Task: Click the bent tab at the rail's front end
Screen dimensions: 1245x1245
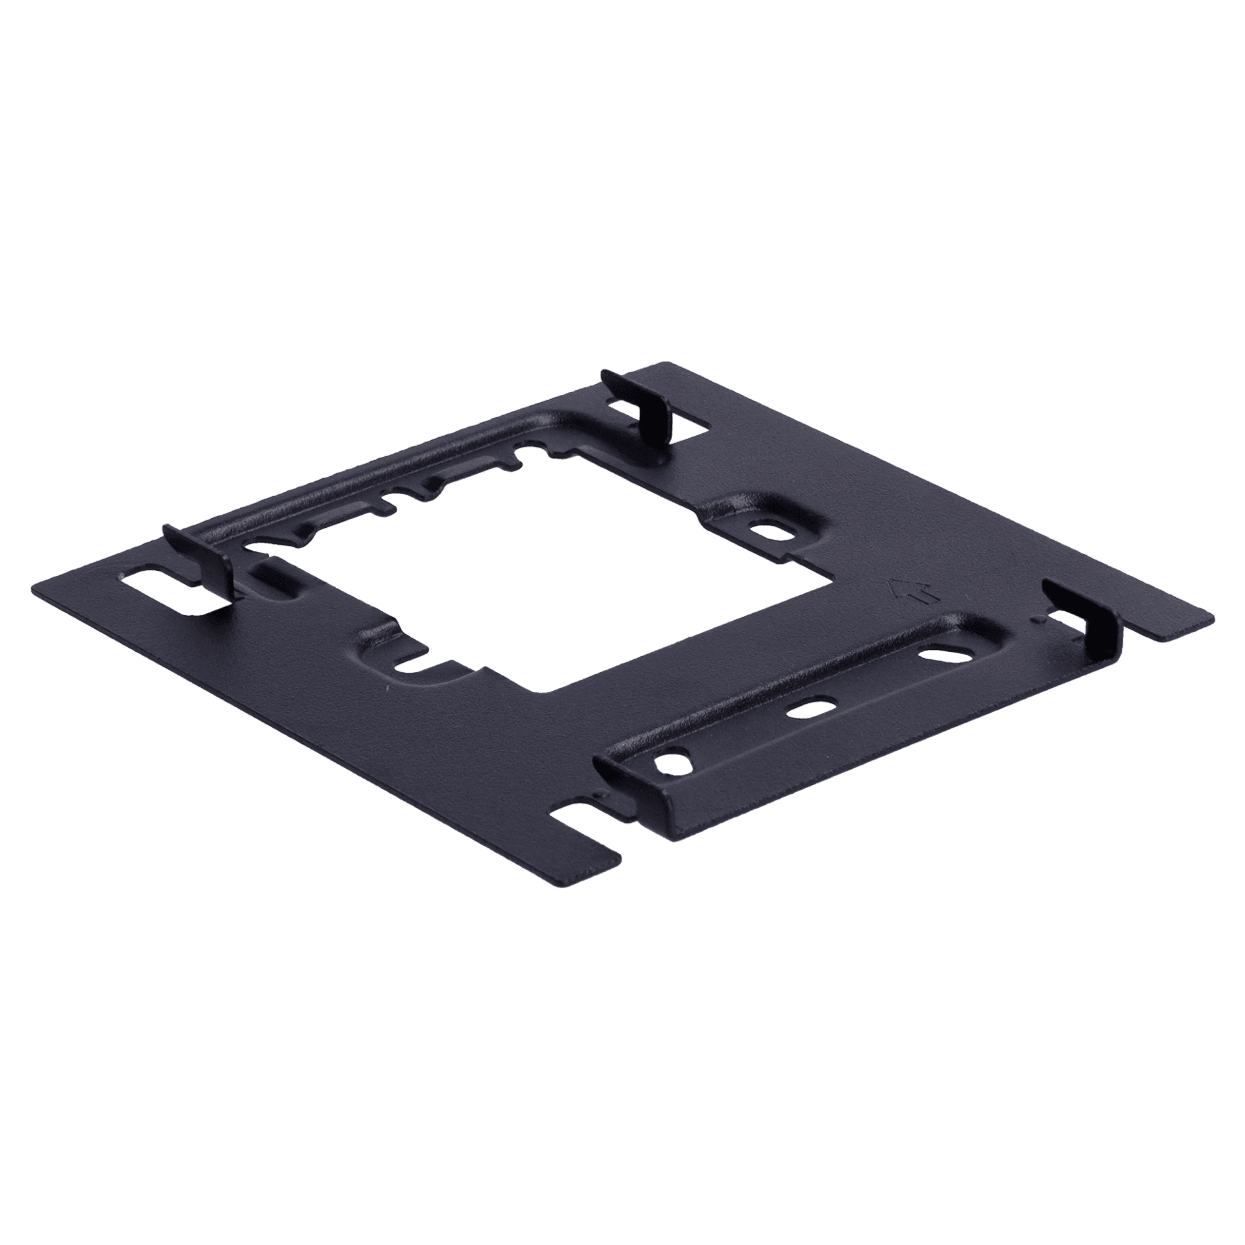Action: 619,782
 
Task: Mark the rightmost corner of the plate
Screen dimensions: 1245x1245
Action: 1214,622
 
